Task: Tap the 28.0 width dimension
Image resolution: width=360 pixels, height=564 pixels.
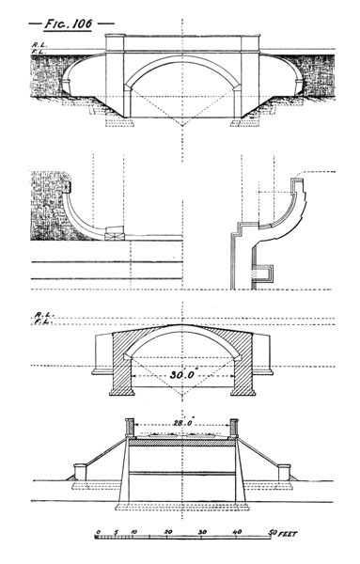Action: click(x=180, y=424)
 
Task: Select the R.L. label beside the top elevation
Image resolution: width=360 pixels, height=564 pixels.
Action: click(x=37, y=44)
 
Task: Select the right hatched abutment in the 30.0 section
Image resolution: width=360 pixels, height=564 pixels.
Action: click(x=238, y=367)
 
